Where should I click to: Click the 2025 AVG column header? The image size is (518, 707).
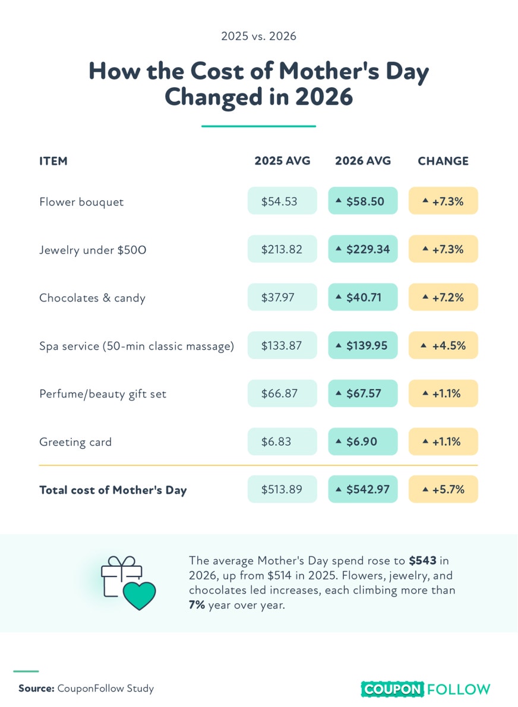coord(282,161)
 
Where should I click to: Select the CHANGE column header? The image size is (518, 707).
coord(443,161)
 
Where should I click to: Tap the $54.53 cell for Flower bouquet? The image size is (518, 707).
coord(282,201)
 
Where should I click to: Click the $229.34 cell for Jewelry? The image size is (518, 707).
coord(363,249)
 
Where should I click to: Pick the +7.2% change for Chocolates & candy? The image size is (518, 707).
coord(443,297)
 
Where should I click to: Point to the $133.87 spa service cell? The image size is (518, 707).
coord(282,345)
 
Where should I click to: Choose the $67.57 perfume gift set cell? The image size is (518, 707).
coord(363,393)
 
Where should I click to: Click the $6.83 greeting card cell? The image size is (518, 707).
coord(282,442)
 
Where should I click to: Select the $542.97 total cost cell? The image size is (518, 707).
coord(363,489)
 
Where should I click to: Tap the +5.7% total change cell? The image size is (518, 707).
coord(443,489)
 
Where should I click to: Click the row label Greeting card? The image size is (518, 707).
coord(75,442)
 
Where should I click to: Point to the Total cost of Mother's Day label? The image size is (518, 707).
coord(113,490)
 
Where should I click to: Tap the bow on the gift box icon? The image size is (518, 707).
coord(121,562)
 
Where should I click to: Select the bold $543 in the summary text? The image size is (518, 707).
coord(422,560)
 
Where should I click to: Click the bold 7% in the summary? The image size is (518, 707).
coord(197,605)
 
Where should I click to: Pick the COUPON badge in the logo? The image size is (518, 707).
coord(392,689)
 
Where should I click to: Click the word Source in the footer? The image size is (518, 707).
coord(36,689)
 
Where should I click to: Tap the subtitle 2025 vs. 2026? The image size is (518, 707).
coord(258,36)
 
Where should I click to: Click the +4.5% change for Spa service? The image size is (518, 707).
coord(443,345)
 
